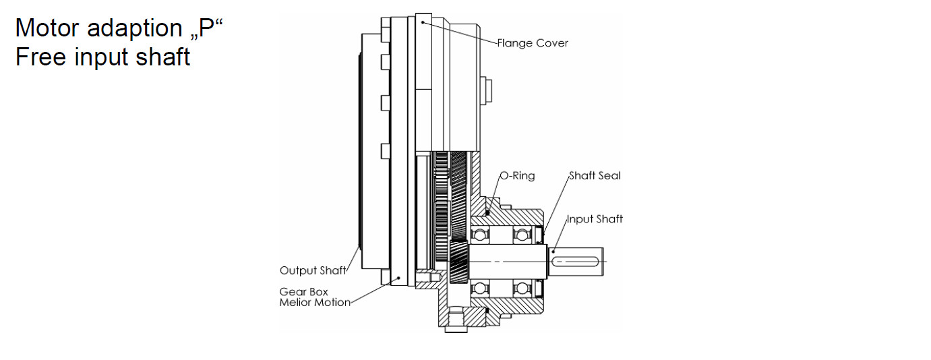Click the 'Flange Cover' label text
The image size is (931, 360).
point(533,43)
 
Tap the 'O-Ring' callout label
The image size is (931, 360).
point(517,176)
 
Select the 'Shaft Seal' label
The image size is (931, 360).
point(595,176)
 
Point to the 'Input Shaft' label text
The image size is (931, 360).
point(595,219)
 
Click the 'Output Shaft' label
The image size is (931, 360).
point(313,270)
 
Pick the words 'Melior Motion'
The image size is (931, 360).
point(315,303)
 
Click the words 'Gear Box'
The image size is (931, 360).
point(303,292)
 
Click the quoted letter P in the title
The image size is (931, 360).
point(206,28)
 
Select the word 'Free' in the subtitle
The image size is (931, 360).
point(40,57)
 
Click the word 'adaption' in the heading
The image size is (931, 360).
point(135,29)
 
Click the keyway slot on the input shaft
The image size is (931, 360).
point(575,262)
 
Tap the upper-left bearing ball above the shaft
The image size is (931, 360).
point(480,235)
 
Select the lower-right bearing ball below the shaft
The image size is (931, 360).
point(522,288)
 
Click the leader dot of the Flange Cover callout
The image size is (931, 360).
point(423,22)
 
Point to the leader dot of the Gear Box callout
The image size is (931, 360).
point(399,278)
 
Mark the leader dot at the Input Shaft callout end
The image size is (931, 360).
point(553,251)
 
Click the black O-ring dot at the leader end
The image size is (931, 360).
point(487,213)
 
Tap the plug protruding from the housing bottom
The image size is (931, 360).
point(456,329)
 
